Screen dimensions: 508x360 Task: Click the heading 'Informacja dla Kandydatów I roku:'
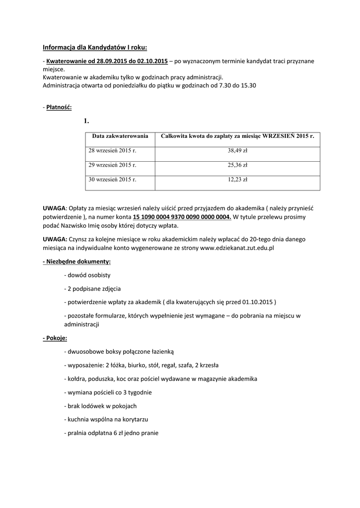(95, 48)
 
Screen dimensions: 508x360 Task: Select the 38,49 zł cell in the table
(237, 150)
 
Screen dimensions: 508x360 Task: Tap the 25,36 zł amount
(237, 165)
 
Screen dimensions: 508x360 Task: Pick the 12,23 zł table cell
(237, 180)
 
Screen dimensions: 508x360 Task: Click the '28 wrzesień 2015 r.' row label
(112, 150)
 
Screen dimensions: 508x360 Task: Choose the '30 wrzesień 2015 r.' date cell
(112, 180)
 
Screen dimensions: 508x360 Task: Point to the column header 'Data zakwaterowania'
(120, 135)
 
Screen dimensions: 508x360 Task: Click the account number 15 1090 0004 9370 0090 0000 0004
(182, 217)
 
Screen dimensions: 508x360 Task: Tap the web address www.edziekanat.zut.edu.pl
(237, 247)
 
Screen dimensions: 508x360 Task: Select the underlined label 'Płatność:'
(59, 107)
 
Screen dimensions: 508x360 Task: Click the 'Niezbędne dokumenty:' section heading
(77, 261)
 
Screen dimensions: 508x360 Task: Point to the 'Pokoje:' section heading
(55, 338)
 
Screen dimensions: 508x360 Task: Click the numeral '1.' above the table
(86, 121)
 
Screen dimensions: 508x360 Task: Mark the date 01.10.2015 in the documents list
(255, 302)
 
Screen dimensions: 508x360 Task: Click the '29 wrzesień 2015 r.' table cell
(112, 165)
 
